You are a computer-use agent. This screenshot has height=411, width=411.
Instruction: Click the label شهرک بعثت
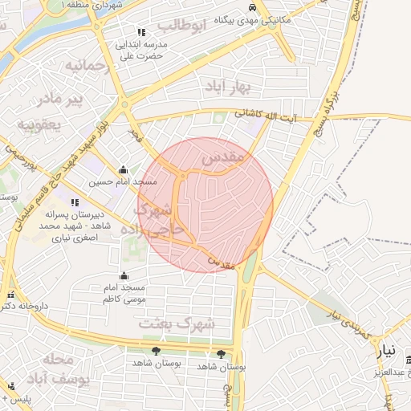177,323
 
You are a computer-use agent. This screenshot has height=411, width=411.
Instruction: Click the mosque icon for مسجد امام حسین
122,169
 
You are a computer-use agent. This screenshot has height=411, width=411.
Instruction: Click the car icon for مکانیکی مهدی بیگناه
252,6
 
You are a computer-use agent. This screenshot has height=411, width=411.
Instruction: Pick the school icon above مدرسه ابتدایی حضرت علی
141,32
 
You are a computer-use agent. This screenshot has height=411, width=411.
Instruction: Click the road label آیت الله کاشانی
266,116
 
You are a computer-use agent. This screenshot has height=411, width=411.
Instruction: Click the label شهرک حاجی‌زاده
157,218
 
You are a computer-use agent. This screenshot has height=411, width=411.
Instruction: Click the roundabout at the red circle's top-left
184,174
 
